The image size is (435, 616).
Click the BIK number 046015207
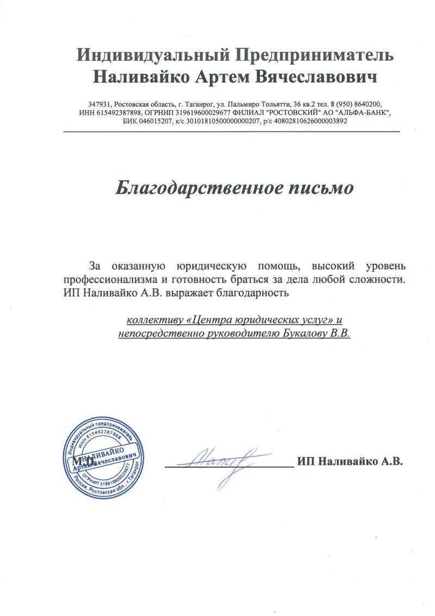point(154,121)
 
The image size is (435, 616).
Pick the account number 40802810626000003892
point(307,121)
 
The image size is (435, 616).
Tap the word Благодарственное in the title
point(197,188)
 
